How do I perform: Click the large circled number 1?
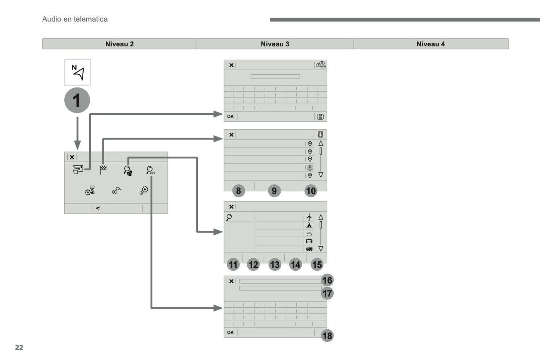[77, 100]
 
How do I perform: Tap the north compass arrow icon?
[78, 72]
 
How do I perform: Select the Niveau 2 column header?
[120, 44]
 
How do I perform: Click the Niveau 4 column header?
[431, 44]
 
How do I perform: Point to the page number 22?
[19, 347]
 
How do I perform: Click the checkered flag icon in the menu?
[103, 170]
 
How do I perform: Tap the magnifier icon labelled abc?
[150, 170]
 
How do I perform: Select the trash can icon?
[320, 134]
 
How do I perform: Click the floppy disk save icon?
[320, 117]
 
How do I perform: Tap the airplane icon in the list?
[309, 217]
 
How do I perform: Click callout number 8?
[238, 191]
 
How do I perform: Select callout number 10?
[311, 191]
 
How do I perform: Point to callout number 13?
[275, 265]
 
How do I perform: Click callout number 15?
[317, 265]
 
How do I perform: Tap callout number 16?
[327, 280]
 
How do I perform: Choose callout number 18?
[327, 336]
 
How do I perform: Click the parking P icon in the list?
[310, 167]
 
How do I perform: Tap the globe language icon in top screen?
[321, 65]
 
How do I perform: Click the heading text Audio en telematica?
[75, 19]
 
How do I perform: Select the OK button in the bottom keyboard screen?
[230, 332]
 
